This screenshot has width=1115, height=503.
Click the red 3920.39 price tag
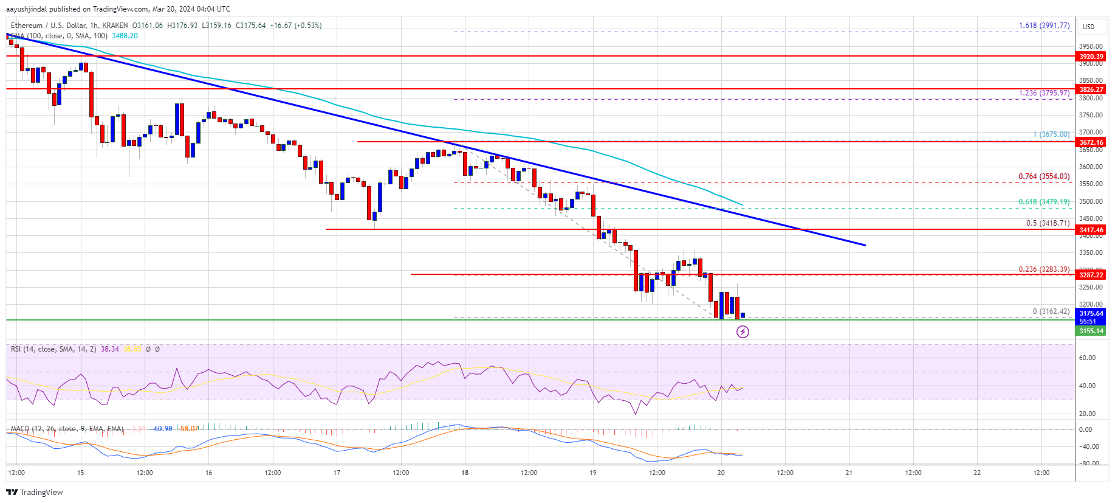click(x=1091, y=57)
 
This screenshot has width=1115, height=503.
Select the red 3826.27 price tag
click(x=1091, y=89)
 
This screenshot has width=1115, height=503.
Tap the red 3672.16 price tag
click(x=1091, y=142)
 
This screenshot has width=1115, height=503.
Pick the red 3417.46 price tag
click(x=1091, y=230)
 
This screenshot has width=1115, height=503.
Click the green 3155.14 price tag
click(x=1091, y=331)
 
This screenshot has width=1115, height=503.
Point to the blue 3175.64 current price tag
click(x=1091, y=314)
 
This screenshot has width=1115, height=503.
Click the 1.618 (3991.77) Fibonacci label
click(x=1044, y=26)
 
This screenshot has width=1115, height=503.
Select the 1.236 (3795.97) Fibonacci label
click(x=1044, y=93)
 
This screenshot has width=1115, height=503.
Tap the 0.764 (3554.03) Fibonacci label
click(x=1044, y=176)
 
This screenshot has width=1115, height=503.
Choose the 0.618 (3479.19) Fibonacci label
click(x=1044, y=202)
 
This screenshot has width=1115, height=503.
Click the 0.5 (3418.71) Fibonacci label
click(x=1048, y=223)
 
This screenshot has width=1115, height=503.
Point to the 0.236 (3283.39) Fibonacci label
click(x=1044, y=269)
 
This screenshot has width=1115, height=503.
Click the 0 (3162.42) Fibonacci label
click(x=1051, y=311)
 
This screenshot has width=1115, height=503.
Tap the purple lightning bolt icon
click(x=743, y=331)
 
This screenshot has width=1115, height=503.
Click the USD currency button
click(x=1088, y=27)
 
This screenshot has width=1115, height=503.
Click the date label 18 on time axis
click(x=465, y=473)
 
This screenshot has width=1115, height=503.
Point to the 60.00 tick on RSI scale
click(x=1087, y=358)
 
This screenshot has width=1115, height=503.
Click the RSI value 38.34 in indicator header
click(x=110, y=349)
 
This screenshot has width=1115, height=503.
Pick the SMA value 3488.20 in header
click(x=125, y=36)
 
